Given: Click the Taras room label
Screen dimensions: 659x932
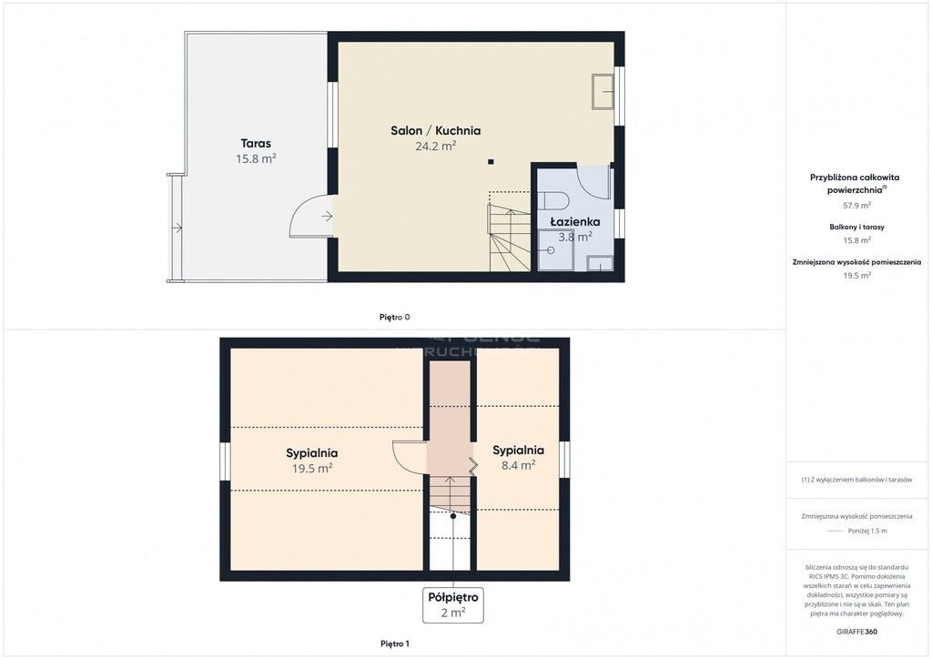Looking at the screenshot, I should (x=256, y=143).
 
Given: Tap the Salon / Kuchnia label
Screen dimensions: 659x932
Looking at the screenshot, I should (x=435, y=130).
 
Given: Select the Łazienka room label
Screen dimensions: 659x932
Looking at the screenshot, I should (x=574, y=221).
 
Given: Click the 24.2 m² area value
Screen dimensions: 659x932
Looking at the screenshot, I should (x=435, y=145).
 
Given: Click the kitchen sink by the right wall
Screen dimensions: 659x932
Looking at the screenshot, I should (x=603, y=89).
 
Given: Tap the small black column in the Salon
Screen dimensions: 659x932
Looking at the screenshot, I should (x=491, y=162).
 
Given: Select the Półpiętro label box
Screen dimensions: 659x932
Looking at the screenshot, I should (x=452, y=604).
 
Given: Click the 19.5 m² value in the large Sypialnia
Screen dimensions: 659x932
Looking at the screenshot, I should (x=311, y=468).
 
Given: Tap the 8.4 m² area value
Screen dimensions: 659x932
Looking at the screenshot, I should (x=518, y=464).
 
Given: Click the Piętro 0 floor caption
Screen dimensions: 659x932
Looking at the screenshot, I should (x=395, y=317).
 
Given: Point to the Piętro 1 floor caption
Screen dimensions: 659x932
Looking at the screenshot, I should (x=395, y=644).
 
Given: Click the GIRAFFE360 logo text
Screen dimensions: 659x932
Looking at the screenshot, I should (x=857, y=631).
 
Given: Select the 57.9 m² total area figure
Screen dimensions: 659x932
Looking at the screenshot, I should (x=856, y=206).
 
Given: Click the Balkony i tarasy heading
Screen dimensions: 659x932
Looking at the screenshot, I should (x=856, y=227).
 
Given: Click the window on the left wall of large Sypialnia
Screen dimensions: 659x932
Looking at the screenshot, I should (x=225, y=461).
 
